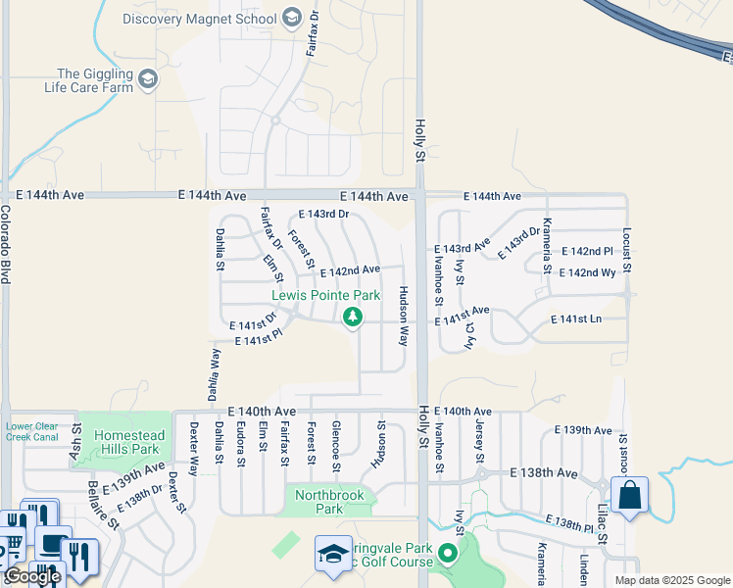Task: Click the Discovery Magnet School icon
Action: tap(291, 17)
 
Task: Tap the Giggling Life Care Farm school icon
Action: tap(148, 79)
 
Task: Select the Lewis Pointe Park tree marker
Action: tap(353, 317)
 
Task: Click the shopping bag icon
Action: tap(629, 494)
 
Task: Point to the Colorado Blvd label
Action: tap(6, 244)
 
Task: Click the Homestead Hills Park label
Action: tap(126, 442)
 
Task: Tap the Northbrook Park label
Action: tap(330, 503)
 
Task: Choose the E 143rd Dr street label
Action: tap(323, 214)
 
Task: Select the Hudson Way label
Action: tap(403, 316)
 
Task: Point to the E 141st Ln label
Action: tap(576, 319)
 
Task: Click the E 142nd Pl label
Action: tap(587, 252)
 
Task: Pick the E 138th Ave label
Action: tap(544, 472)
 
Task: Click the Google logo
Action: tap(32, 576)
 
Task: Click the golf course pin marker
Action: tap(449, 555)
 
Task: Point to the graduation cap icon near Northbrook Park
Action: tap(333, 554)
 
